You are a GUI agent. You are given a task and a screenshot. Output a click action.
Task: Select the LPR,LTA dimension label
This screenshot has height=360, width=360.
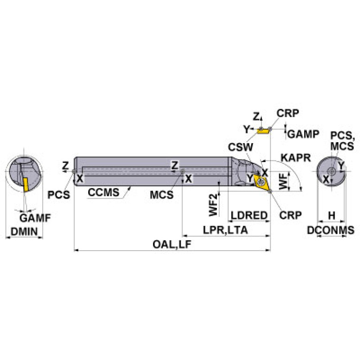(x=225, y=230)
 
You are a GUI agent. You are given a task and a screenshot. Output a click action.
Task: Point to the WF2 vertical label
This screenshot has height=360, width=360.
(x=214, y=205)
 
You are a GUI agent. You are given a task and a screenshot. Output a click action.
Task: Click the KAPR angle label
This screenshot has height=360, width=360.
(x=296, y=158)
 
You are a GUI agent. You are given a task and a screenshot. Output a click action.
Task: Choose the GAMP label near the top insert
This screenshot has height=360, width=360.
(x=303, y=134)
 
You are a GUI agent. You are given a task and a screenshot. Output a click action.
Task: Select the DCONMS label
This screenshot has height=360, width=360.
(x=331, y=230)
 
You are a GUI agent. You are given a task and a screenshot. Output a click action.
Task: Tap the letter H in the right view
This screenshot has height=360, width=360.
(x=331, y=215)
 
